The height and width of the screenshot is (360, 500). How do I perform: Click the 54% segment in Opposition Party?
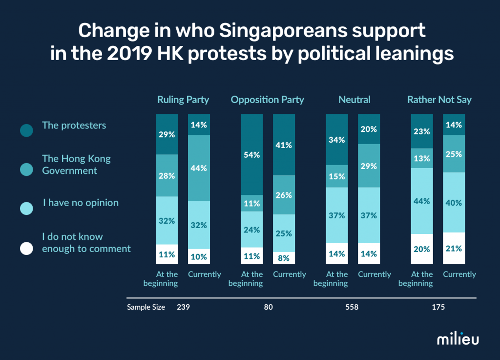tap(252, 155)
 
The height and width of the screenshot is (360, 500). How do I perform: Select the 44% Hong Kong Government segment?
tap(199, 168)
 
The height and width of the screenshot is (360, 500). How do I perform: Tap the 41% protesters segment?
tap(284, 145)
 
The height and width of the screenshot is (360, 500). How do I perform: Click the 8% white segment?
tap(284, 257)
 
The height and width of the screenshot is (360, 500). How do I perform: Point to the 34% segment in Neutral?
tap(337, 140)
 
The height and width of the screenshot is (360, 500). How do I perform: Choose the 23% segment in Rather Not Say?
tap(422, 131)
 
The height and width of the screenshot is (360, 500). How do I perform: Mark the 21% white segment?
tap(454, 248)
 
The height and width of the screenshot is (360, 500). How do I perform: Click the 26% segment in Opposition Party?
tap(284, 195)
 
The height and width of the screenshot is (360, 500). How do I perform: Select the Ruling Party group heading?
tap(183, 100)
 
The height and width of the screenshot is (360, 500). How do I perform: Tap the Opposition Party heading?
tap(268, 100)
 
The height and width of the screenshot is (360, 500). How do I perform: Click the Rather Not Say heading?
tap(439, 100)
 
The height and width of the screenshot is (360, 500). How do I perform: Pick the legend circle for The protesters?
tap(27, 130)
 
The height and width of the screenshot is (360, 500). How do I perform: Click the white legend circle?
tap(27, 248)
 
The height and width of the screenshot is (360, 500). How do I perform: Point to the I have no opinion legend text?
tap(81, 202)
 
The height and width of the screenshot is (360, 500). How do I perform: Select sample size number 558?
tap(352, 307)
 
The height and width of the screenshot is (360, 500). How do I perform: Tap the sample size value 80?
tap(268, 307)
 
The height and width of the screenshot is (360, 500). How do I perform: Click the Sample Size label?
tap(146, 307)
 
